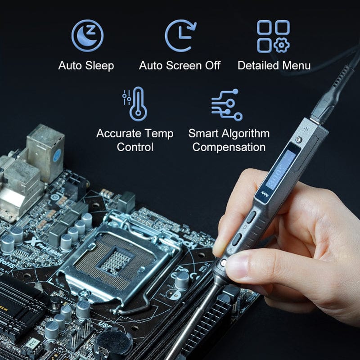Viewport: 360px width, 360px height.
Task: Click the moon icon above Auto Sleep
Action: point(87,36)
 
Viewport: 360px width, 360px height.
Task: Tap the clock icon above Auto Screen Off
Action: point(180,36)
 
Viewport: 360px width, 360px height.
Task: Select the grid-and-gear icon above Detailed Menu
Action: point(273,36)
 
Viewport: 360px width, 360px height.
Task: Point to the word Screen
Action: point(184,66)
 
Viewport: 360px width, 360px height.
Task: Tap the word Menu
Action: point(297,66)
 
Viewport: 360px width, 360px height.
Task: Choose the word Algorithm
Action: point(247,134)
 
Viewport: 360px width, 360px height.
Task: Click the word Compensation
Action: point(229,147)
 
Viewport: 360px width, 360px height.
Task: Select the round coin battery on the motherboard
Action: point(110,344)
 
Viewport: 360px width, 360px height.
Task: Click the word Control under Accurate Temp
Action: point(135,147)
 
